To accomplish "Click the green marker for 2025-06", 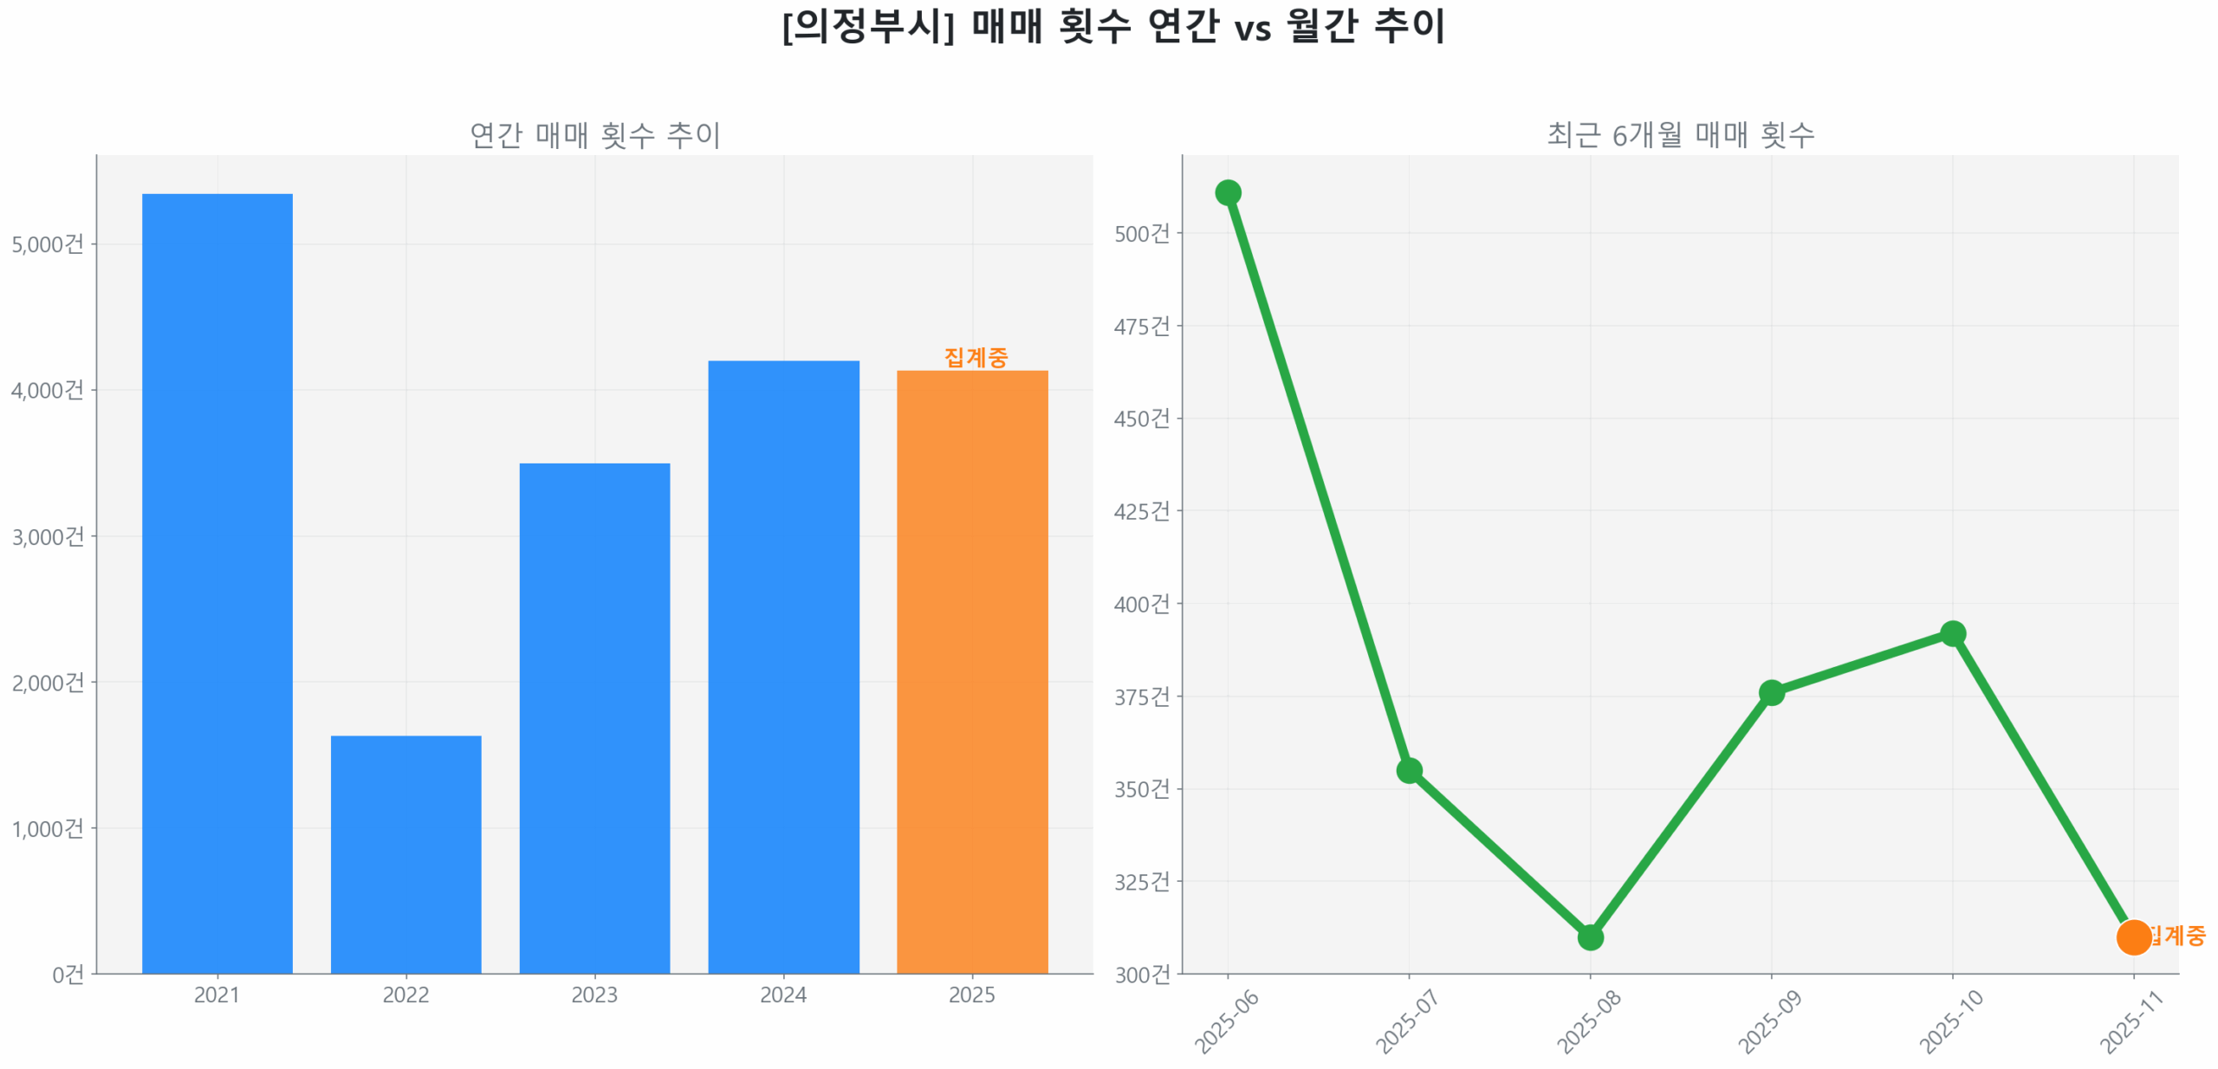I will [x=1227, y=191].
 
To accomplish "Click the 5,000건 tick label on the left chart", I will [x=48, y=243].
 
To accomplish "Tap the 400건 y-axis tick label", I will [x=1141, y=603].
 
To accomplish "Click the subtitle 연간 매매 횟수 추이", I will [x=594, y=134].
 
